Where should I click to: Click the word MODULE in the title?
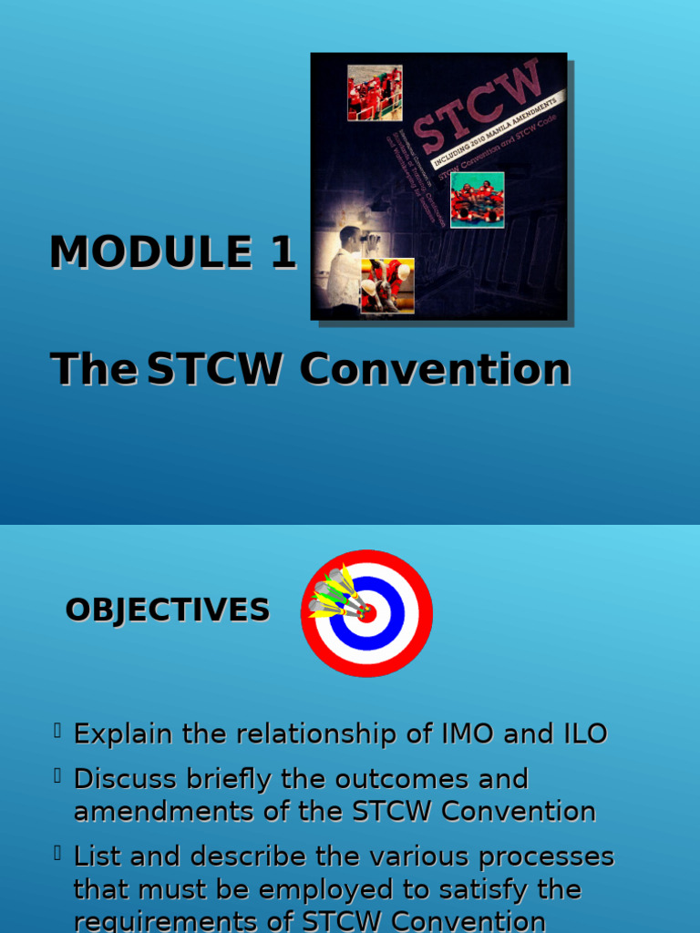point(150,252)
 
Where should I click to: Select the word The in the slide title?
point(93,370)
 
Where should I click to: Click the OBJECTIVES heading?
point(168,610)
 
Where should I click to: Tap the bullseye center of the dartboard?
point(366,612)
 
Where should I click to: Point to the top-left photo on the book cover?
point(374,93)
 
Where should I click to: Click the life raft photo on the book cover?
point(477,200)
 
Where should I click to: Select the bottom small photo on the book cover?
point(387,286)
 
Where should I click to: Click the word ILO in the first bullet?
point(581,733)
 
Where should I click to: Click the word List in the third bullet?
point(98,856)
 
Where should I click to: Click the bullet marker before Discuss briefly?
point(57,775)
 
